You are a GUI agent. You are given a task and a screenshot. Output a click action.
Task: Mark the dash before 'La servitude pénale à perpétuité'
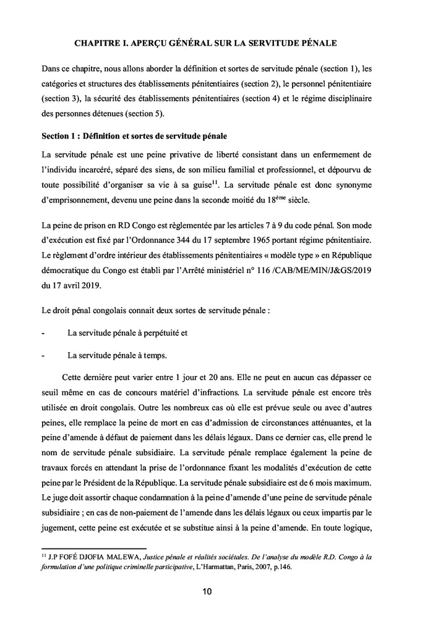pos(43,333)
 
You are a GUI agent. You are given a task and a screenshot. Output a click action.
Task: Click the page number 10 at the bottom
pos(207,592)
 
